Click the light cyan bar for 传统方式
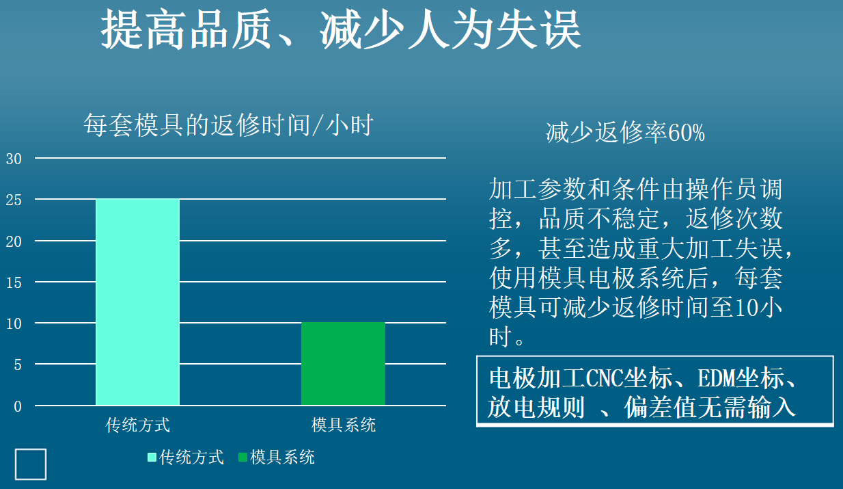tap(138, 302)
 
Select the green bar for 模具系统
tap(343, 364)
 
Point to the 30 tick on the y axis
tap(14, 159)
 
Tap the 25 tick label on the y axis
tap(14, 200)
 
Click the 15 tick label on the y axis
tap(14, 282)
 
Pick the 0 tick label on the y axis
tap(18, 406)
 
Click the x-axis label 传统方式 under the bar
tap(138, 425)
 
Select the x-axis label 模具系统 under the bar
tap(343, 425)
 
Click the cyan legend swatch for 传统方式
tap(152, 458)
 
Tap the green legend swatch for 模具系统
tap(243, 458)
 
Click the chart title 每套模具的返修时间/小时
tap(228, 125)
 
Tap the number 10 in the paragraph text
tap(746, 307)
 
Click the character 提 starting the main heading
tap(122, 29)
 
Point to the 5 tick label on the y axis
tap(18, 365)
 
